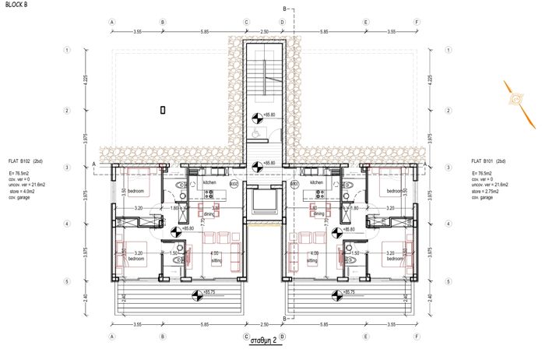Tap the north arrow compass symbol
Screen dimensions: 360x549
click(518, 99)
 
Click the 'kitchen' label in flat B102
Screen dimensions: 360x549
click(210, 182)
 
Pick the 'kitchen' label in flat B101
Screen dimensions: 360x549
click(316, 182)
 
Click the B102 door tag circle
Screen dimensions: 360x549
click(234, 184)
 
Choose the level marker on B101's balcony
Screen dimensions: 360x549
click(336, 294)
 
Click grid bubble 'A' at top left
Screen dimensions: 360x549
click(113, 23)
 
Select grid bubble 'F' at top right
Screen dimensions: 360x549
click(418, 23)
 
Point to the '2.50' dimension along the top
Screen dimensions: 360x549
click(264, 31)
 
